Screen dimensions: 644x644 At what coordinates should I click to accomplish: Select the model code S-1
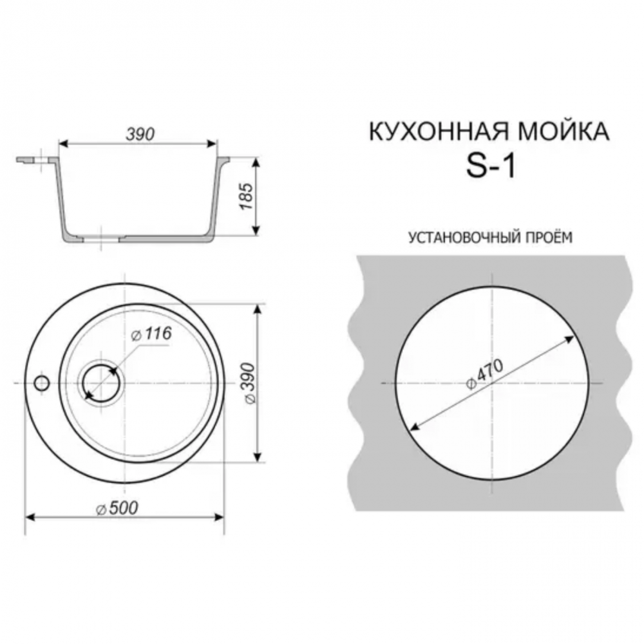490,166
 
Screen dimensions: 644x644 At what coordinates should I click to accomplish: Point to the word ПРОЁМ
547,237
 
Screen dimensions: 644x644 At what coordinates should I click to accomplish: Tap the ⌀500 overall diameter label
117,509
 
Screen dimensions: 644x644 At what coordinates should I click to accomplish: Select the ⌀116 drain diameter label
151,334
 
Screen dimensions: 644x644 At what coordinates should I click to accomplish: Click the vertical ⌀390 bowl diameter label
249,383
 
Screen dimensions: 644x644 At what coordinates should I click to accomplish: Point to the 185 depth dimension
247,196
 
